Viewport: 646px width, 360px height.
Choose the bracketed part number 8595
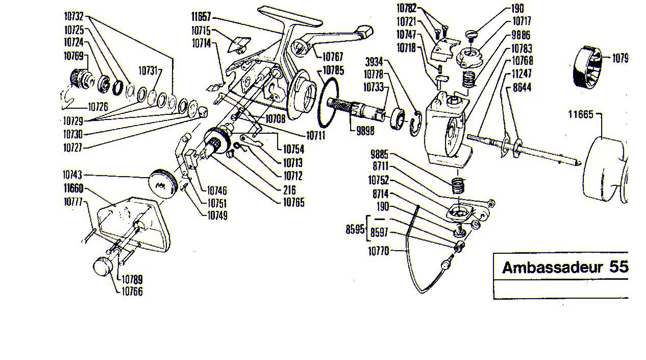pyautogui.click(x=355, y=230)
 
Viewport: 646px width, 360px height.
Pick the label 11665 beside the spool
pyautogui.click(x=581, y=114)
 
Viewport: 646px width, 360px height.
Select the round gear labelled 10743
pyautogui.click(x=162, y=181)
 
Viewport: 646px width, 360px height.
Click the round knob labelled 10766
pyautogui.click(x=103, y=267)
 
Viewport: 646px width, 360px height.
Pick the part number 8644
pyautogui.click(x=521, y=87)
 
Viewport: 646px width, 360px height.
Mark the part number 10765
pyautogui.click(x=293, y=202)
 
